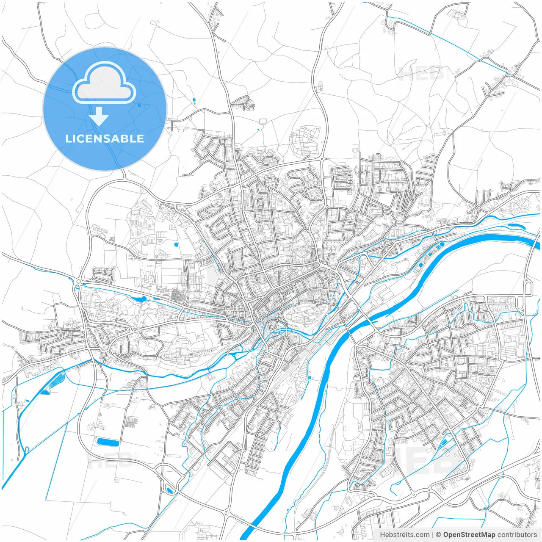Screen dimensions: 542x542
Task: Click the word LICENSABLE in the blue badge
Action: [105, 139]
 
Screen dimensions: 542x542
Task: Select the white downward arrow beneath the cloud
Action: [99, 116]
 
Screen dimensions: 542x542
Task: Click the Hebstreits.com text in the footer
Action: [404, 535]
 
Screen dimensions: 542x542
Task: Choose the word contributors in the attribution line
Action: [517, 535]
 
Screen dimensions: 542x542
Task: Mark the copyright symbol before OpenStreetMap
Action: [439, 535]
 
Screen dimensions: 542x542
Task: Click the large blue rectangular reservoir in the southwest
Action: [108, 442]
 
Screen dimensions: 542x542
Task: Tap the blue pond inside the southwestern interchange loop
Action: [170, 490]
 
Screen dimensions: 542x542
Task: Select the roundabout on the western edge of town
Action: [78, 281]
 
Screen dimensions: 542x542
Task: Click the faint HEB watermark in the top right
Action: [421, 75]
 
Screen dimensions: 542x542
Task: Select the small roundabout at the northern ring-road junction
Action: [322, 159]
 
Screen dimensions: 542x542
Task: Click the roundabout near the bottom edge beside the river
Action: [228, 513]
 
